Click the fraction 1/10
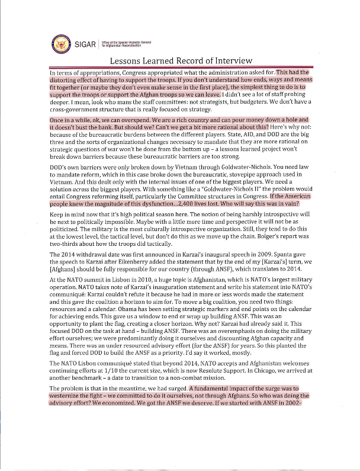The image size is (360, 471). (124, 367)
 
